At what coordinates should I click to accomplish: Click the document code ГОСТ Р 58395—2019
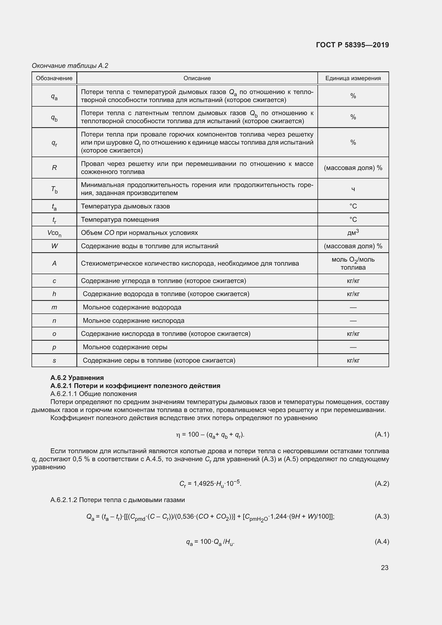point(352,45)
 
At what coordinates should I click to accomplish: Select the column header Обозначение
point(54,78)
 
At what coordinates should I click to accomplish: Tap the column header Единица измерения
point(353,78)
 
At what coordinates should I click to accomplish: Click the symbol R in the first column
point(54,168)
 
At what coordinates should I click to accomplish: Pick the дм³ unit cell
point(353,232)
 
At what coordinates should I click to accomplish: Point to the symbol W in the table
point(54,246)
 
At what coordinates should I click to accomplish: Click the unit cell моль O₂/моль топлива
point(353,263)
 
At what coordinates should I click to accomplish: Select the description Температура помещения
point(120,219)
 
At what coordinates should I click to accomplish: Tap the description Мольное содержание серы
point(125,347)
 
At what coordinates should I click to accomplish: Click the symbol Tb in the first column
point(54,189)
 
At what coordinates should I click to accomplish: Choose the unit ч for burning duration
point(353,189)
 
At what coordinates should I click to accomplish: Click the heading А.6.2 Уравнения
point(77,378)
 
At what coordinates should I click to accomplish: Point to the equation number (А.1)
point(382,434)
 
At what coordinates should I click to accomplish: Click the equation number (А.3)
point(382,517)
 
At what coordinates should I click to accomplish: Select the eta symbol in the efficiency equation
point(178,435)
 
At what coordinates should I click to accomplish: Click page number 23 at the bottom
point(384,568)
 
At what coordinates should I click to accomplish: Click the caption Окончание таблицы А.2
point(70,66)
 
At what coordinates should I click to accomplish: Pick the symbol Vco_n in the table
point(54,233)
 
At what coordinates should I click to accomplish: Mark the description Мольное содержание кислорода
point(133,321)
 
